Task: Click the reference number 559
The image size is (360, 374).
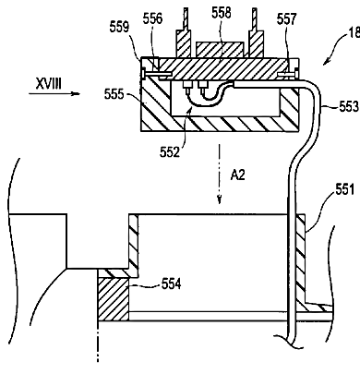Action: pos(119,27)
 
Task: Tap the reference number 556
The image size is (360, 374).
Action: pos(152,18)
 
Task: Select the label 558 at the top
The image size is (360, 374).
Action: pos(222,13)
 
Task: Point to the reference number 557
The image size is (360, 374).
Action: pos(286,19)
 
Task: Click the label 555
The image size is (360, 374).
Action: pos(114,94)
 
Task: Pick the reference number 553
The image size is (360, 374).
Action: pos(349,106)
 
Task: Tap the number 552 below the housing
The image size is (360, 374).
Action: pos(169,152)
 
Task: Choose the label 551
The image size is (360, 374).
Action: pos(345,189)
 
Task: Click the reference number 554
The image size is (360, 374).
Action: pos(172,284)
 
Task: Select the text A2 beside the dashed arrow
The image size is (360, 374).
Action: pos(238,175)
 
